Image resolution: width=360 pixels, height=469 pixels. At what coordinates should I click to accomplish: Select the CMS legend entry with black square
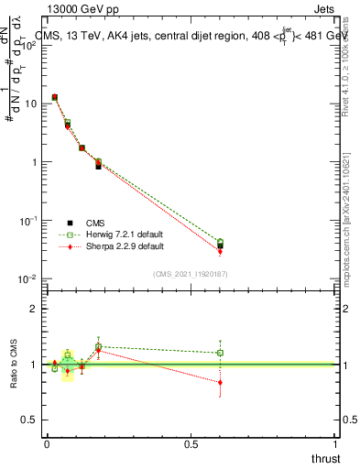(x=69, y=222)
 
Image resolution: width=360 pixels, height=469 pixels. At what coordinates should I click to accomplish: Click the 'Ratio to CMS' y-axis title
(x=14, y=363)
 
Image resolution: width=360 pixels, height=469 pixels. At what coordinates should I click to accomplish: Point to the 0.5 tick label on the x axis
(x=191, y=443)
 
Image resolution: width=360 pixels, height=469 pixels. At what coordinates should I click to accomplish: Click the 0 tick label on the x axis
(x=46, y=443)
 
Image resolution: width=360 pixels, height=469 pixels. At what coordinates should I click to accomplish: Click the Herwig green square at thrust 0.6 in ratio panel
(x=220, y=353)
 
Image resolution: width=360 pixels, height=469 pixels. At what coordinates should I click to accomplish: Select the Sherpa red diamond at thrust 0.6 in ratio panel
(x=220, y=383)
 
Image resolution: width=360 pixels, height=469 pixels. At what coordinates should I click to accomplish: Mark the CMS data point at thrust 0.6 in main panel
(x=220, y=244)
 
